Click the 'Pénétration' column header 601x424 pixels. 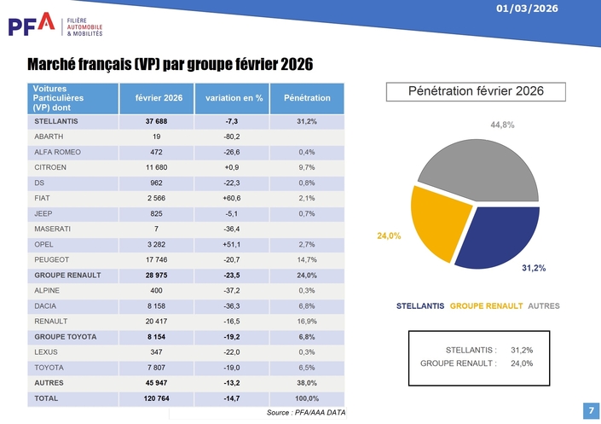(x=307, y=98)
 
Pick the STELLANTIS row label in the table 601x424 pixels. (x=57, y=122)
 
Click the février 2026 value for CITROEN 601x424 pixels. (x=159, y=168)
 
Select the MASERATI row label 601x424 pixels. (x=53, y=229)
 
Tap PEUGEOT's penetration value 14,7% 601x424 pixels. (x=307, y=260)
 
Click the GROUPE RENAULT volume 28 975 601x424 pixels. (x=159, y=276)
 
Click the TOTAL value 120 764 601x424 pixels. (x=159, y=398)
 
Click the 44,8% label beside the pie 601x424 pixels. (x=502, y=125)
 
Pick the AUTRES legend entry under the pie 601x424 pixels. (x=544, y=305)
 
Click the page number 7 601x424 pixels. (x=591, y=410)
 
